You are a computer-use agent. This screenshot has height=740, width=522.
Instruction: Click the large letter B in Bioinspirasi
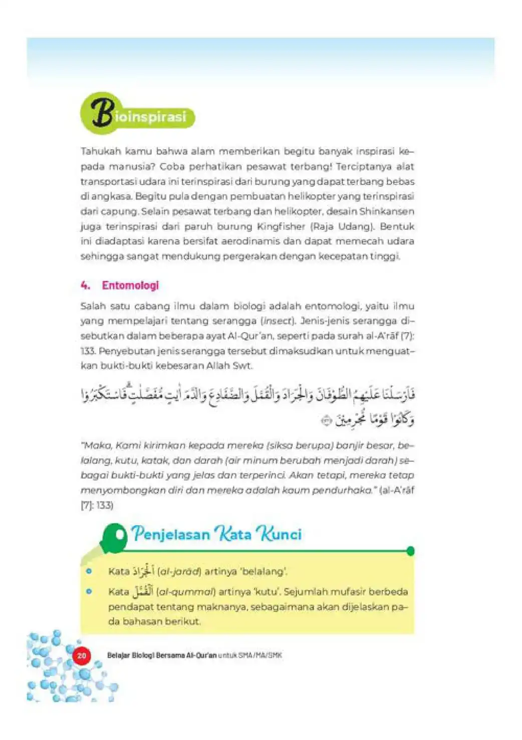(x=102, y=112)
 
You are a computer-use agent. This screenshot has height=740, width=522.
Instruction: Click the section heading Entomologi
(x=130, y=286)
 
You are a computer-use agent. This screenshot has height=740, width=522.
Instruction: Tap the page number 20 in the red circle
(x=82, y=655)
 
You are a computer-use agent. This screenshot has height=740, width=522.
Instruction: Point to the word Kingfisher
(x=281, y=226)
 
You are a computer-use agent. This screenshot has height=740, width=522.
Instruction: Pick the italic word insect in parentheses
(x=276, y=321)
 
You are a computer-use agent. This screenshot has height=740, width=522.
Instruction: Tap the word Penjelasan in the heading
(x=171, y=534)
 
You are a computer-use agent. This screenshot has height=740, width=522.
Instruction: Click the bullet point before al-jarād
(x=89, y=571)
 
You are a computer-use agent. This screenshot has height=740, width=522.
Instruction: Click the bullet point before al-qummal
(x=89, y=592)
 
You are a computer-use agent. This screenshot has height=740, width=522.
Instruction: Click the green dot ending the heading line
(x=411, y=552)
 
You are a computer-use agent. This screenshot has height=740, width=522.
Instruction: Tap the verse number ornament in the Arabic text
(x=327, y=421)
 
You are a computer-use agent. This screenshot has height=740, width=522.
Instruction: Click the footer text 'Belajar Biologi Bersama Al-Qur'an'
(x=162, y=655)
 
